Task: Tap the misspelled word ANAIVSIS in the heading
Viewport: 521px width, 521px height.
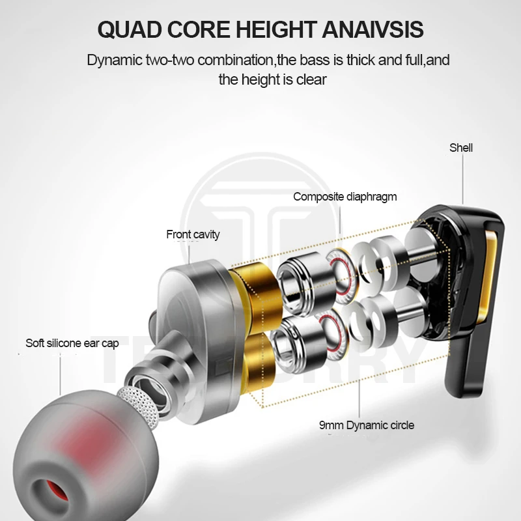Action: click(373, 29)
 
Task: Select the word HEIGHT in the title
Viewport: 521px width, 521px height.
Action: click(275, 29)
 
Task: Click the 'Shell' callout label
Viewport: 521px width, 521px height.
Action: click(461, 148)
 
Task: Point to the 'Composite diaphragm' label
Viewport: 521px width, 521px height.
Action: click(345, 197)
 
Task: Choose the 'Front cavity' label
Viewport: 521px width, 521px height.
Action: click(193, 234)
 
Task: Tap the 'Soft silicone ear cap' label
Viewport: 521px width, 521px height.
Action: click(72, 343)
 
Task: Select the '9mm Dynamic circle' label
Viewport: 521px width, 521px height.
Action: click(367, 425)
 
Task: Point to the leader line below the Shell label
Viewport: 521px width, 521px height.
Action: click(462, 178)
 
